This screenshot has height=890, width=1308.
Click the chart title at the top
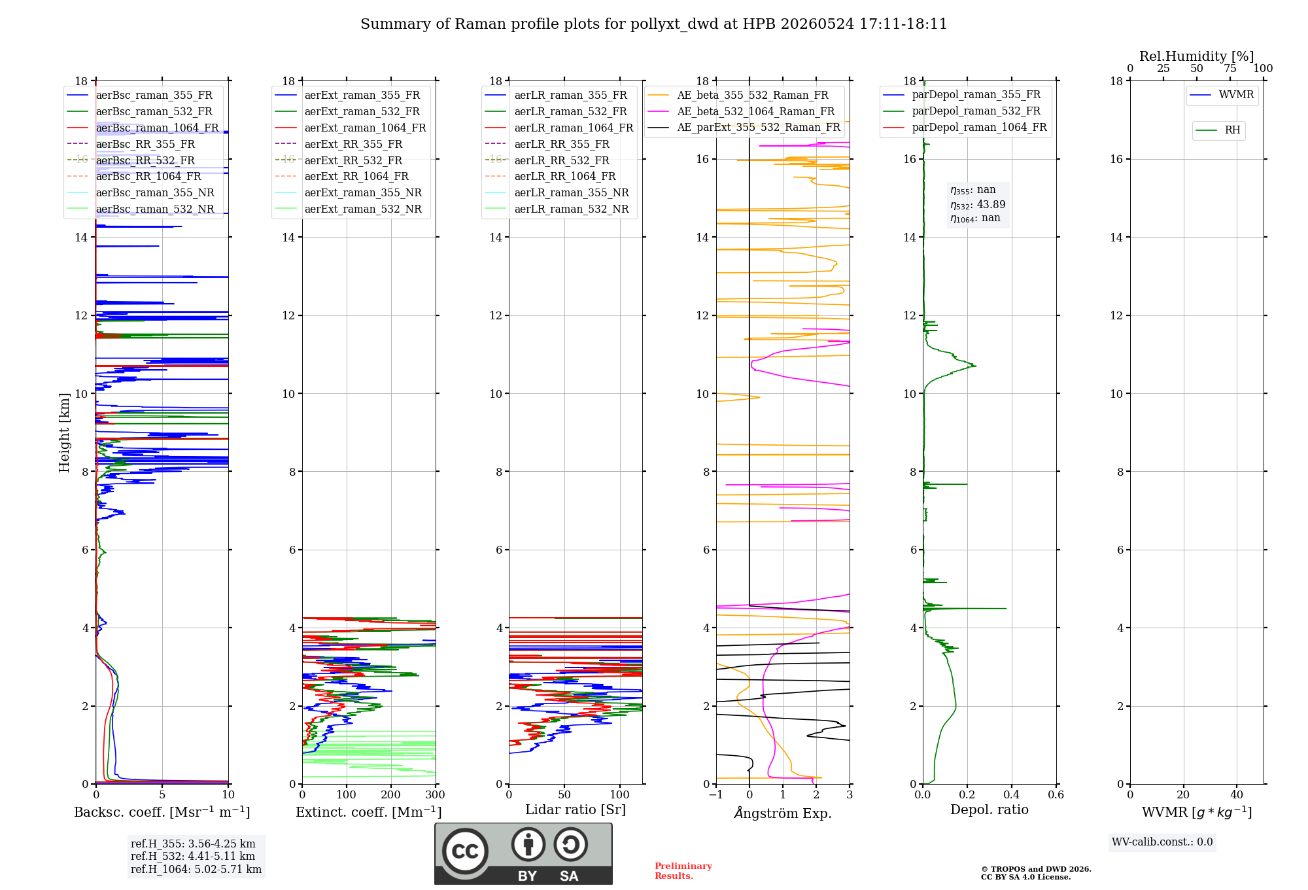[x=653, y=24]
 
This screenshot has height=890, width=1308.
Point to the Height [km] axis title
[x=64, y=433]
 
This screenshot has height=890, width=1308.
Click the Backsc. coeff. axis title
[x=162, y=812]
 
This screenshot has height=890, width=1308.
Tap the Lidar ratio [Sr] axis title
[x=576, y=810]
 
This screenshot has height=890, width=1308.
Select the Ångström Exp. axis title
[x=783, y=813]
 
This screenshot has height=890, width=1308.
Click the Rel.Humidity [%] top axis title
[x=1197, y=56]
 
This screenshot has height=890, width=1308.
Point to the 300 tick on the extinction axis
[x=436, y=795]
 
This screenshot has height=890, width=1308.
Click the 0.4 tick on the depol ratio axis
[x=1012, y=795]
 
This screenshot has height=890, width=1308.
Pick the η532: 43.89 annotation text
[x=978, y=205]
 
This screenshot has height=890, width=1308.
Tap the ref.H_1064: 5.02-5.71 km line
[x=196, y=870]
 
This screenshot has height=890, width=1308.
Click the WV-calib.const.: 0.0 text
[x=1162, y=842]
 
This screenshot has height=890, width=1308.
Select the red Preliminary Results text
[x=683, y=871]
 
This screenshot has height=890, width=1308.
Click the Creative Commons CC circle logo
[x=465, y=851]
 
